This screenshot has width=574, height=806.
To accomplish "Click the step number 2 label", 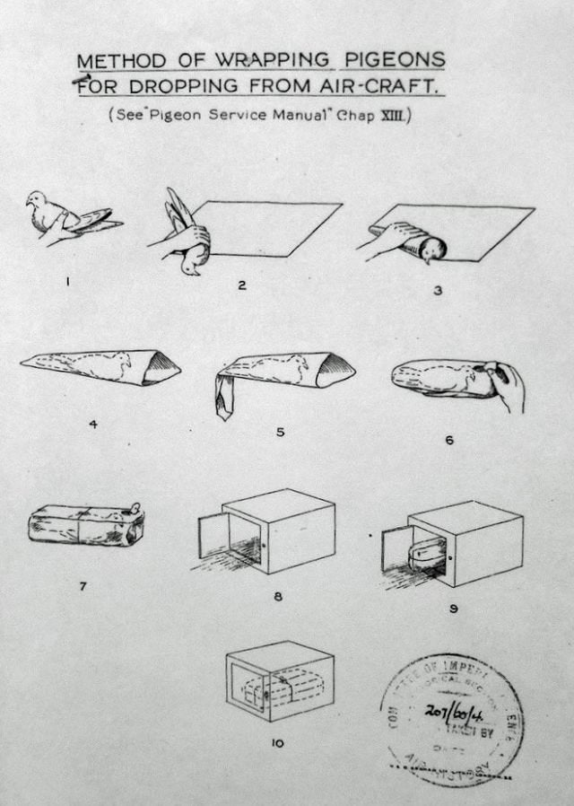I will click(x=242, y=285).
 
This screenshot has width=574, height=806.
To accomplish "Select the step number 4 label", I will click(x=93, y=424).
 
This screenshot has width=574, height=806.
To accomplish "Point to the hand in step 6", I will click(x=507, y=384).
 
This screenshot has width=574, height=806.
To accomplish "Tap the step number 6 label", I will click(x=449, y=440).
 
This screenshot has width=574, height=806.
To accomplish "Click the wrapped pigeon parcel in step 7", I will click(x=85, y=525).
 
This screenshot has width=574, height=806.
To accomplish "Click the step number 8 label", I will click(x=277, y=595).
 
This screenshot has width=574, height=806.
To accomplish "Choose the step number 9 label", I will click(x=454, y=608).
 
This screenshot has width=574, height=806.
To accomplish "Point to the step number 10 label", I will click(x=277, y=741).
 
